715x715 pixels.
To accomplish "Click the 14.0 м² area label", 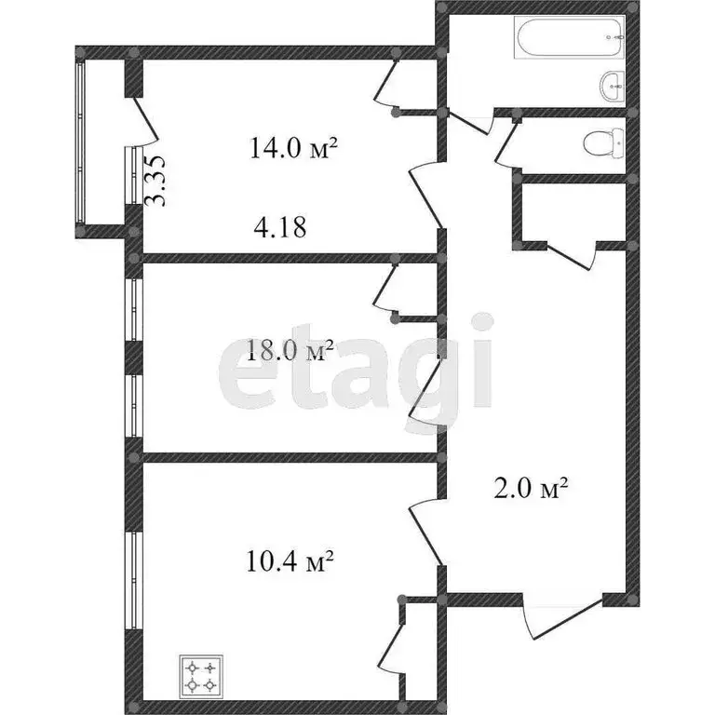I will [292, 148].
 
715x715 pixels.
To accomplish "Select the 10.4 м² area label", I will [290, 561].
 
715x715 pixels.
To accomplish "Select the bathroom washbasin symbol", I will [613, 88].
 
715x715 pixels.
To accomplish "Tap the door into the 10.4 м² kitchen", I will [425, 531].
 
